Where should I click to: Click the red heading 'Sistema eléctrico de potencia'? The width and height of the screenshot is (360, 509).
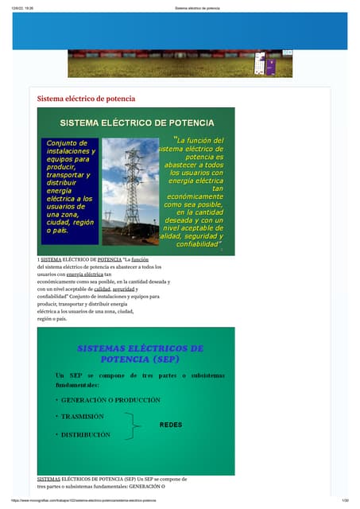point(87,99)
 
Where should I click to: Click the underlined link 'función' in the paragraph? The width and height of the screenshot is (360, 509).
point(140,259)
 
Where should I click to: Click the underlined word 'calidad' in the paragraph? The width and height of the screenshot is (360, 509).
point(103,289)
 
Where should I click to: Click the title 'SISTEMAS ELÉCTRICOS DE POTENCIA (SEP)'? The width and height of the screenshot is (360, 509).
point(140,353)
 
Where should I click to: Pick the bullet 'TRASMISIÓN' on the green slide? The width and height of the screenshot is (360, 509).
point(82,417)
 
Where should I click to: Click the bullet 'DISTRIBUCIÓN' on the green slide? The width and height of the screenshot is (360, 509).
point(85,435)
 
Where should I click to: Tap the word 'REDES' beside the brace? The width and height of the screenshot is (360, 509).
point(171,425)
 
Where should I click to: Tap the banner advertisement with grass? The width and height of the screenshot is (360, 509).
point(180,64)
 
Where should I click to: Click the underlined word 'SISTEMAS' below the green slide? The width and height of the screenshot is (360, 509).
point(48,479)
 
